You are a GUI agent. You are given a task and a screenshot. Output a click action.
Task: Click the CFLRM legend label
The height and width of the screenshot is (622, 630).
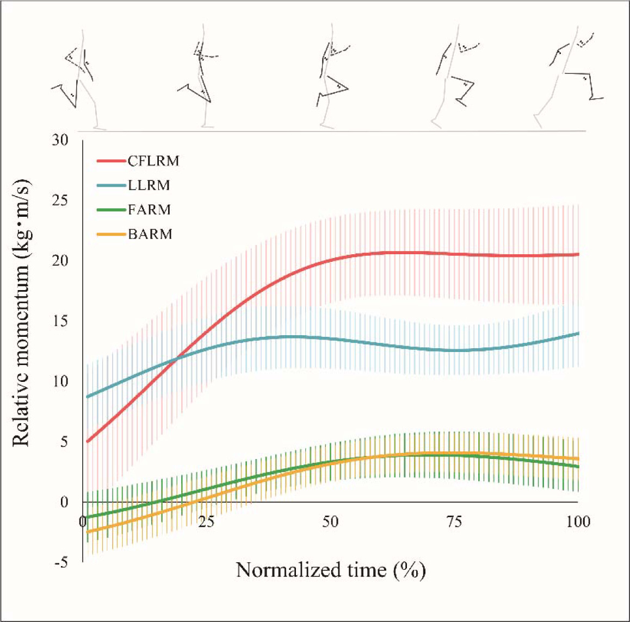click(x=153, y=161)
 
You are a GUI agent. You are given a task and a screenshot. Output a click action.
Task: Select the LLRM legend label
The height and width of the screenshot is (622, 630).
click(x=149, y=185)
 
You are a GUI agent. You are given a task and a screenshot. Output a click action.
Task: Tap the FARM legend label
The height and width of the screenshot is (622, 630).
click(x=149, y=210)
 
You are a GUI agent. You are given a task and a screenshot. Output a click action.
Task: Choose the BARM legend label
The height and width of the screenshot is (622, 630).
click(x=150, y=234)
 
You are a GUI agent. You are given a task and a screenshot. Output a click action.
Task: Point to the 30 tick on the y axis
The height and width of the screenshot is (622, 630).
click(x=60, y=140)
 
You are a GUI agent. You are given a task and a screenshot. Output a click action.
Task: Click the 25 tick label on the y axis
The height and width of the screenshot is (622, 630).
click(x=60, y=200)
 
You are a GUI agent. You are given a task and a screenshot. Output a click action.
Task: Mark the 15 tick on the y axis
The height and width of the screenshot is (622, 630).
click(x=60, y=321)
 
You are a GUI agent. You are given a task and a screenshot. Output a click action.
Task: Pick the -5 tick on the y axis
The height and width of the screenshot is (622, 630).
click(x=61, y=562)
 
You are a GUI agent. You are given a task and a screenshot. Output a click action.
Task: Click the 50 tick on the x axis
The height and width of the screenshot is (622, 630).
click(x=330, y=522)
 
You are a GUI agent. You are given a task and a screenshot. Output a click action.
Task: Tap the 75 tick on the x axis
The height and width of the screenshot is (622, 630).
click(x=454, y=522)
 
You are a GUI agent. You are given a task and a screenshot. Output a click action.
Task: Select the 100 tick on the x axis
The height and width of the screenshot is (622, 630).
click(x=578, y=522)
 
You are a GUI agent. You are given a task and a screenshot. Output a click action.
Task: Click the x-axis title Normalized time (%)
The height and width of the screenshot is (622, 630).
click(x=331, y=570)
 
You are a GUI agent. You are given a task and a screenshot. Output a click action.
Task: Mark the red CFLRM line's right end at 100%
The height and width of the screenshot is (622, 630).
click(x=578, y=254)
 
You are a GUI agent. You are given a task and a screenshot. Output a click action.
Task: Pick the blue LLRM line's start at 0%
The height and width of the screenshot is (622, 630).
click(x=87, y=397)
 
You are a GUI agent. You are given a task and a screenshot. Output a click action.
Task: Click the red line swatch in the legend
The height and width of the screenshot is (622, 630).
click(x=112, y=161)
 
